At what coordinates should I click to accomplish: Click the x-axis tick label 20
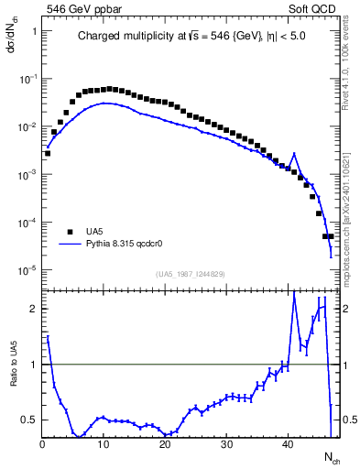coord(165,444)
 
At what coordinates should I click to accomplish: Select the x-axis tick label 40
coord(288,444)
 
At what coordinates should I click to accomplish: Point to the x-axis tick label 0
coord(42,444)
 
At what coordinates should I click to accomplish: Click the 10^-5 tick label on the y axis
coord(27,270)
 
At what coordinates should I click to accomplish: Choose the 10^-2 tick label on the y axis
coord(27,126)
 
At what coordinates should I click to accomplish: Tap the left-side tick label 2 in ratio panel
coord(34,309)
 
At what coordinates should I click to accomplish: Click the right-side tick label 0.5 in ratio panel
coord(348,420)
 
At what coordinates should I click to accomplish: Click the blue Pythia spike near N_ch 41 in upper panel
coord(294,154)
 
